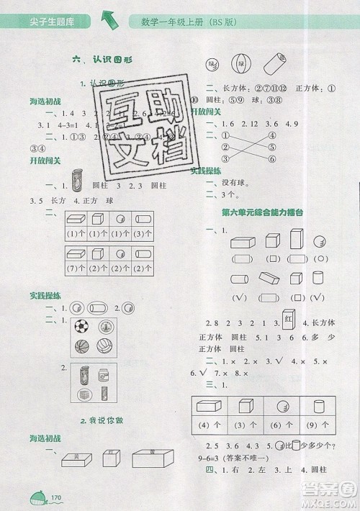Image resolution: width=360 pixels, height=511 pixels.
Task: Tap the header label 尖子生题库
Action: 45,20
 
